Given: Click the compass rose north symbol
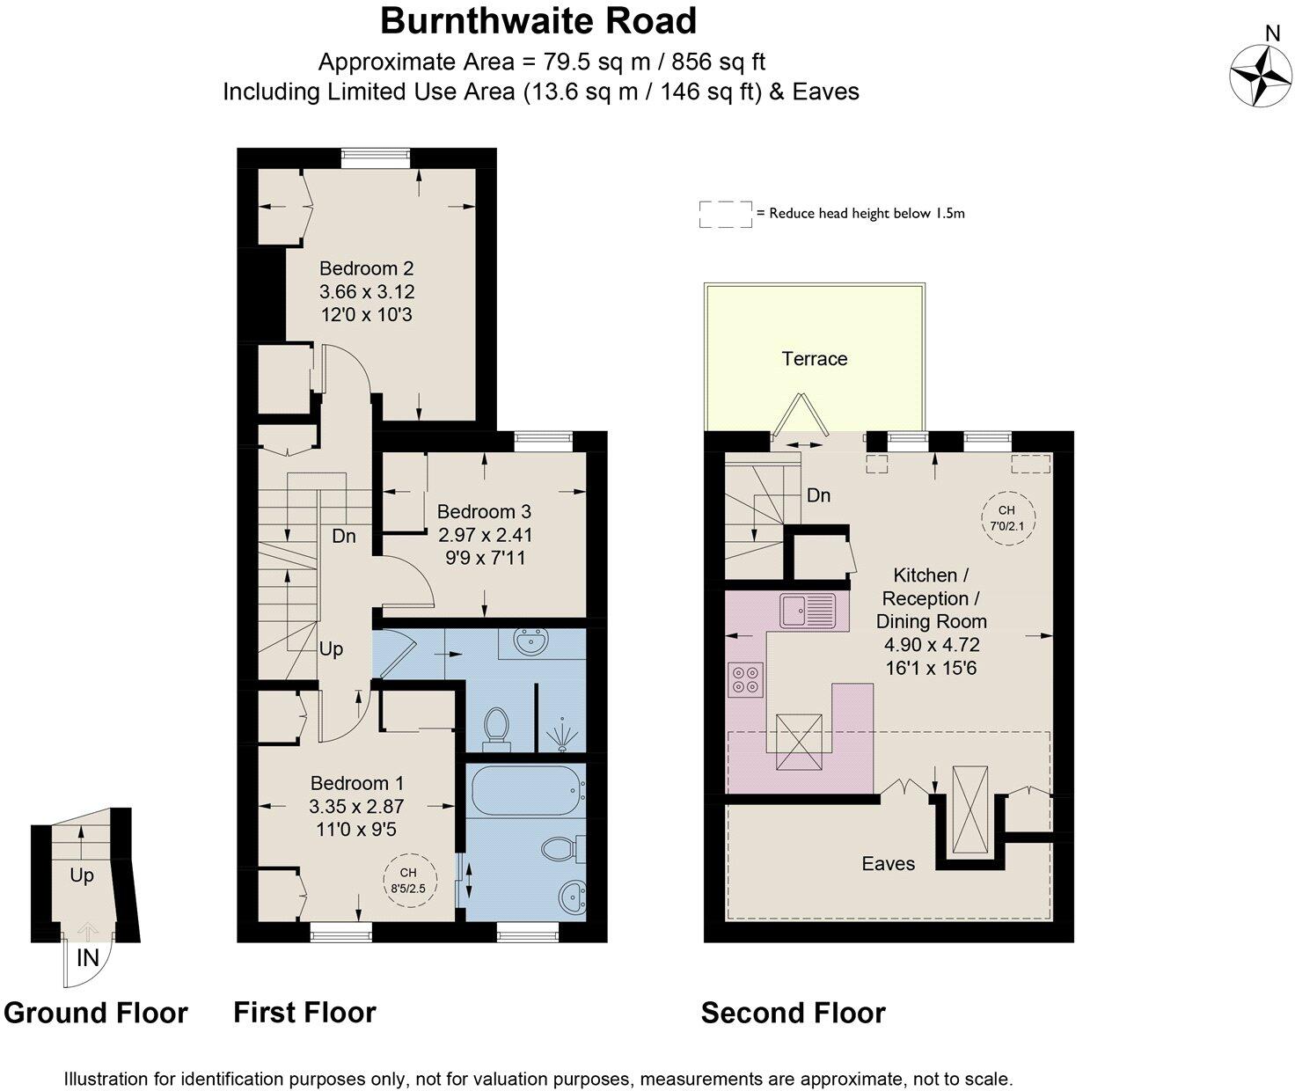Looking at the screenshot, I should (1262, 74).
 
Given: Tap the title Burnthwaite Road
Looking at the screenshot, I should (538, 21).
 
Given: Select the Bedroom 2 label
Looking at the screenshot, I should (366, 268).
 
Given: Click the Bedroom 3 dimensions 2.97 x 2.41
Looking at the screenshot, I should (485, 534).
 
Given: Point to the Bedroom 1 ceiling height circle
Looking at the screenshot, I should (407, 880).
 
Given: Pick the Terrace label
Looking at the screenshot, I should (814, 358).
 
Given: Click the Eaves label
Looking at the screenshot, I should (888, 863).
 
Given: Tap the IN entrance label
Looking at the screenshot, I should (88, 957).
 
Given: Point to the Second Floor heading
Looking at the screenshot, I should (793, 1013).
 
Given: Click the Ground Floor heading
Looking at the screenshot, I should (95, 1013).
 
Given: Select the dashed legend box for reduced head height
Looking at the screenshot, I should (725, 214).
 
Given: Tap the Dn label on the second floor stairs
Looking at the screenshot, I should (818, 495).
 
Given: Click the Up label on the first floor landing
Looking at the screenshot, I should (331, 649).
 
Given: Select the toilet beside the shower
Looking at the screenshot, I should (497, 728).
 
